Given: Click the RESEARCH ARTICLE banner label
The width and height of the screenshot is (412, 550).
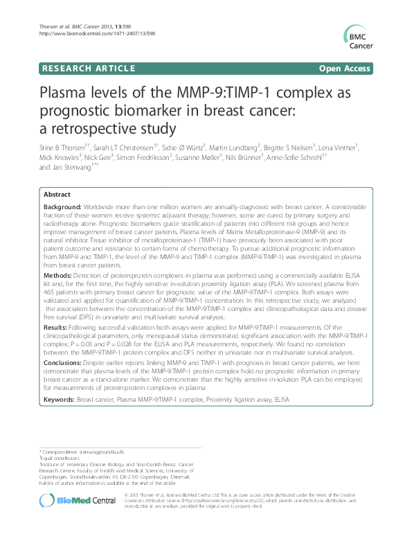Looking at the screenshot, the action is click(89, 69).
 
